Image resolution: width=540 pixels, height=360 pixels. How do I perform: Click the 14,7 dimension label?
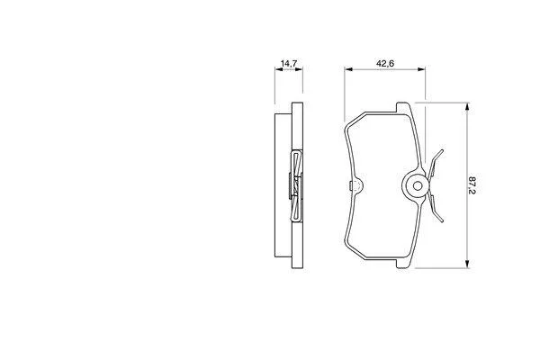[x=289, y=63]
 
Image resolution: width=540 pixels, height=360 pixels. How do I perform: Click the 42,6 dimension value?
[x=385, y=63]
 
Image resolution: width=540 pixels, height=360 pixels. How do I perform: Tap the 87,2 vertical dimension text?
[x=472, y=185]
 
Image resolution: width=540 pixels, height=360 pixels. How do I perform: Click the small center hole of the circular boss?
[x=418, y=186]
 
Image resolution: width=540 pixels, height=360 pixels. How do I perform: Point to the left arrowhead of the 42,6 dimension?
[x=348, y=69]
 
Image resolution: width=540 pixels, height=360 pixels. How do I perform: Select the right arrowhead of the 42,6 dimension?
[x=421, y=69]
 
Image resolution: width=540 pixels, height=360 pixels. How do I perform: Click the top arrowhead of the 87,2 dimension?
[x=467, y=107]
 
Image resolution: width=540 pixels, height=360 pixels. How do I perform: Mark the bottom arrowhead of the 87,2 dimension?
[x=467, y=264]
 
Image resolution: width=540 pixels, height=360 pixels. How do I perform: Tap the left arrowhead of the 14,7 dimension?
[x=279, y=69]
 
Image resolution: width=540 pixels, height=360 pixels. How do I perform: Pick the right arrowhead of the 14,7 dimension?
[x=299, y=69]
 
